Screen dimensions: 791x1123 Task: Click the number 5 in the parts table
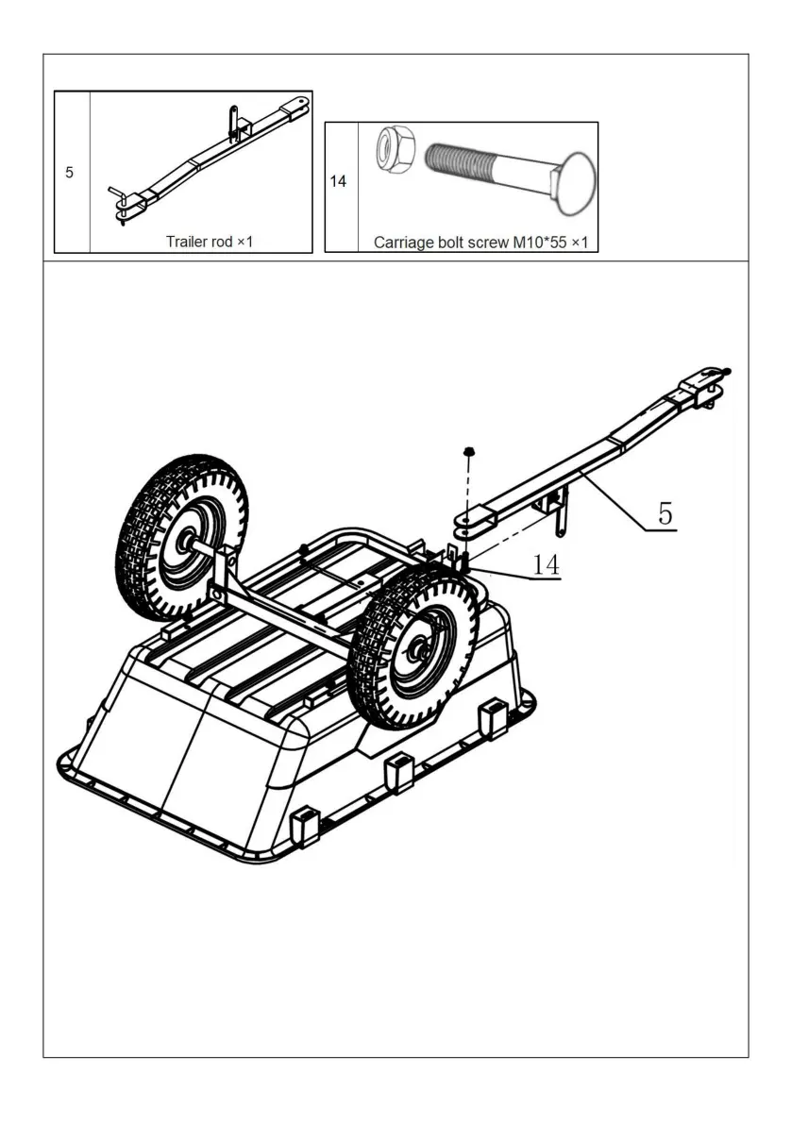(x=69, y=173)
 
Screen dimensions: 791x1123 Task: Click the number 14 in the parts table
(x=339, y=181)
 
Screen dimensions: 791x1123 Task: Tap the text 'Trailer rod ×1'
(x=210, y=243)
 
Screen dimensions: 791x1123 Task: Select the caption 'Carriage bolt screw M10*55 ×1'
(x=480, y=243)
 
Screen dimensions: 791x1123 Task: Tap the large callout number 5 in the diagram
(x=665, y=513)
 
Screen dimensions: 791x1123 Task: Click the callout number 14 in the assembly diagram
(x=546, y=564)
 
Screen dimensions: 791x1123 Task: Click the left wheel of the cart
(x=182, y=536)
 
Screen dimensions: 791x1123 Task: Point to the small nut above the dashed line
(x=468, y=453)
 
